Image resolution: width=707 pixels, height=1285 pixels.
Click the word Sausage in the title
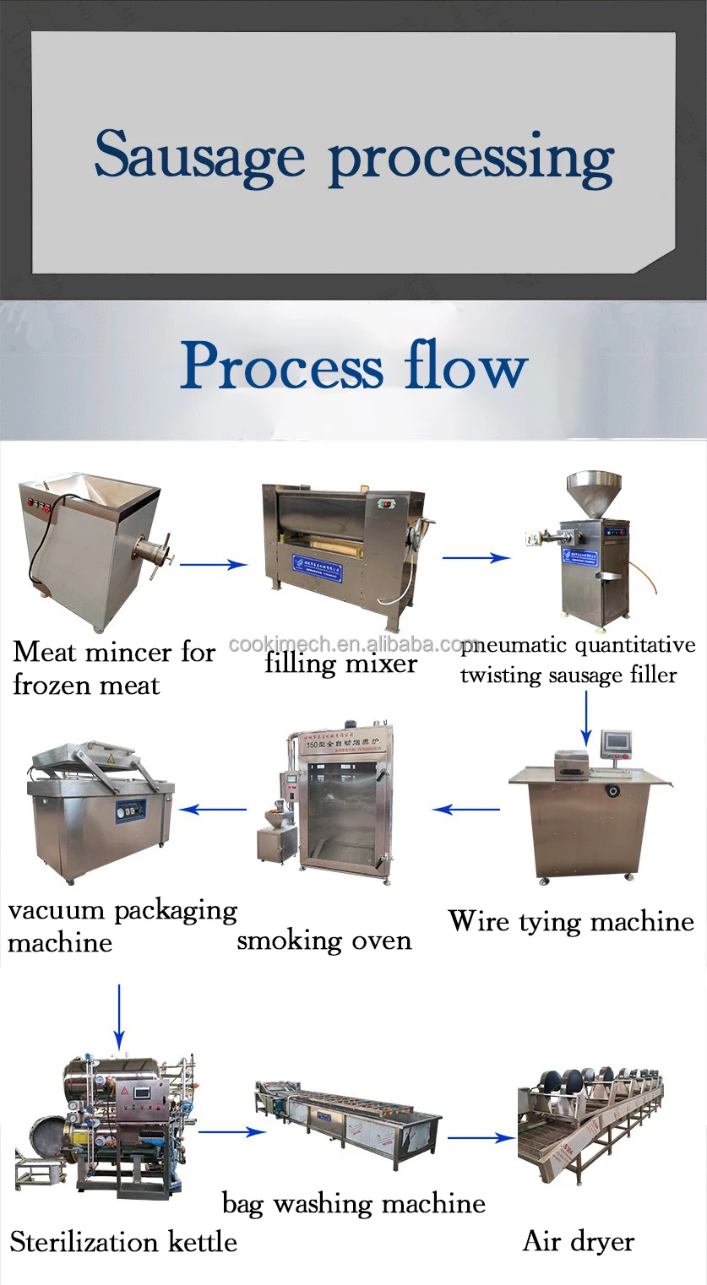point(199,155)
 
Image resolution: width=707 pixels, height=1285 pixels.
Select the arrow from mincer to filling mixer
point(213,565)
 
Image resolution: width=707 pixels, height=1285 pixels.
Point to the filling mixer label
point(340,663)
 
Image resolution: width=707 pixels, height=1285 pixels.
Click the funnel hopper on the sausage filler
point(594,491)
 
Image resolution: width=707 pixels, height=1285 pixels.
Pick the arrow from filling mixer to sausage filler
point(476,557)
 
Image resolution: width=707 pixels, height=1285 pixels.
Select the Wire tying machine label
point(570,921)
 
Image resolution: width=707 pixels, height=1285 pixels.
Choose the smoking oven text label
point(324,941)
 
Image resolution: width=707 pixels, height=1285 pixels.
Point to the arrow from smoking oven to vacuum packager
point(212,809)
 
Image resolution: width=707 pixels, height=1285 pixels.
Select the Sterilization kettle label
point(123,1242)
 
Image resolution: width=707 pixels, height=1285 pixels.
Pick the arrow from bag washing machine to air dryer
point(481,1138)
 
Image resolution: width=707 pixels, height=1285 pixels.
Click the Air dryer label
point(579,1241)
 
